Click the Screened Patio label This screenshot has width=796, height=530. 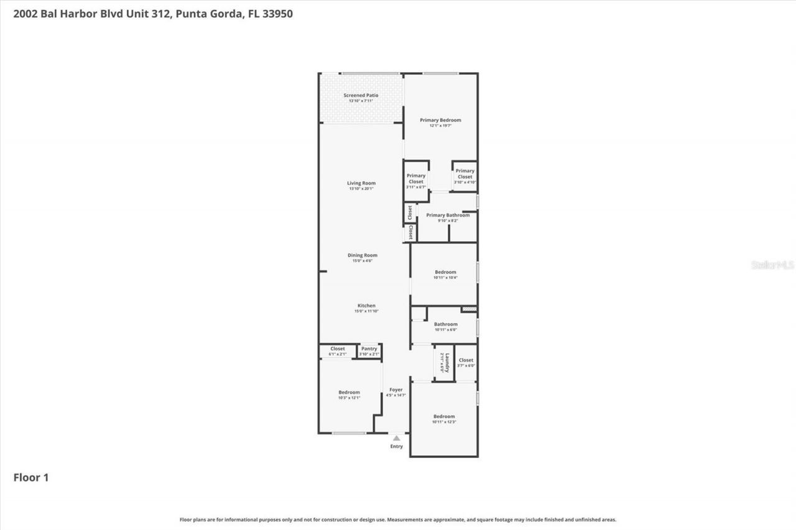click(x=361, y=96)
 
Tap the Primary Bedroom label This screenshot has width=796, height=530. click(x=440, y=120)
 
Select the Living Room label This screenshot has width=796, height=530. click(x=361, y=183)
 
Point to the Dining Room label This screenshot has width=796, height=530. click(x=362, y=255)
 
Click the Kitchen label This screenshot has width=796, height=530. click(x=366, y=306)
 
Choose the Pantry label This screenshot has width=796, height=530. click(x=369, y=349)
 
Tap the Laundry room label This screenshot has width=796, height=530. click(x=443, y=363)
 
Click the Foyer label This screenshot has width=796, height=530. click(x=396, y=390)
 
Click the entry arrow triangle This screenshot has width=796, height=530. click(x=396, y=438)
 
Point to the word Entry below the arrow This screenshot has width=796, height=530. click(x=396, y=446)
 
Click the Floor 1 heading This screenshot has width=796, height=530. click(x=31, y=478)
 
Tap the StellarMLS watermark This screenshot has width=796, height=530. click(x=773, y=265)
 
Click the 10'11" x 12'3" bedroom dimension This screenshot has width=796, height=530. click(x=444, y=423)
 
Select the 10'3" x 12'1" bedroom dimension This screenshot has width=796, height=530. click(x=349, y=398)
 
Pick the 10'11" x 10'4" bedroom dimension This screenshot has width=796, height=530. click(x=445, y=278)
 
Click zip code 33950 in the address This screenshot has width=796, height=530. click(x=277, y=14)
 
